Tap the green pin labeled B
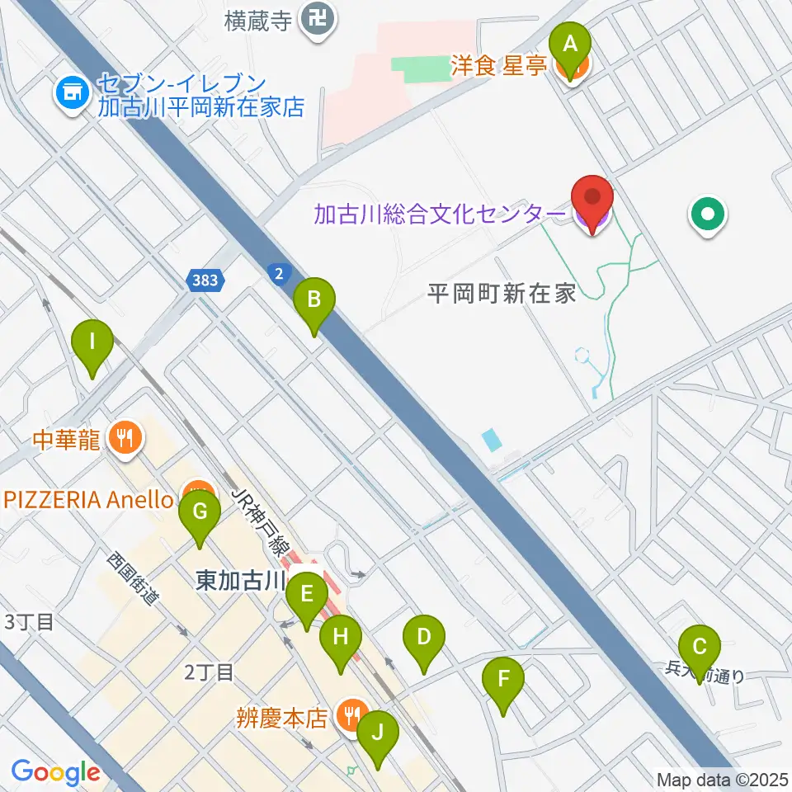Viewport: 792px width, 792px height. pyautogui.click(x=314, y=300)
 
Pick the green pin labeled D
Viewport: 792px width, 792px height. pyautogui.click(x=423, y=637)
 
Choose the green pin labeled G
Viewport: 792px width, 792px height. pyautogui.click(x=200, y=512)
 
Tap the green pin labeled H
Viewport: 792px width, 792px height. pyautogui.click(x=340, y=637)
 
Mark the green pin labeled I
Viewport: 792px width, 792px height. pyautogui.click(x=92, y=342)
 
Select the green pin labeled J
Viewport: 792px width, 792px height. pyautogui.click(x=378, y=732)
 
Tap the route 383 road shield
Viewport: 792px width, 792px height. pyautogui.click(x=204, y=280)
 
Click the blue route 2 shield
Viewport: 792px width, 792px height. pyautogui.click(x=280, y=272)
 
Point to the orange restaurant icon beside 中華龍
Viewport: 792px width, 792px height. pyautogui.click(x=125, y=436)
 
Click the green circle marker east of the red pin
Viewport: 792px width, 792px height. pyautogui.click(x=708, y=216)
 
